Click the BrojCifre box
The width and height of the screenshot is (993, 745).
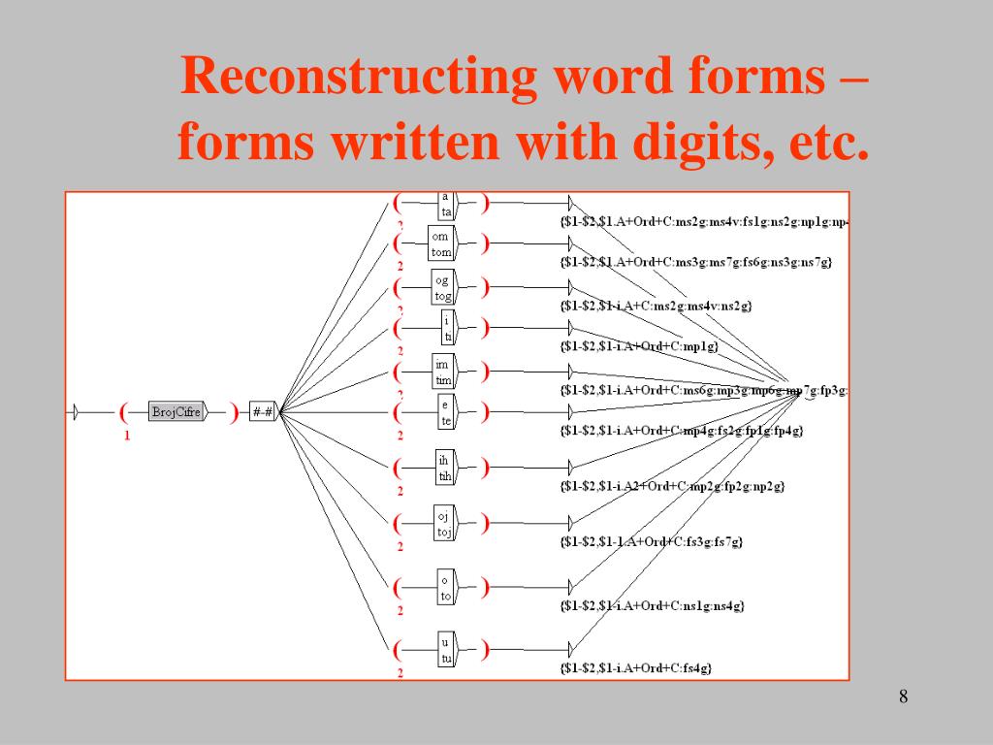click(176, 412)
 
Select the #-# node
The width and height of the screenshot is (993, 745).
click(263, 412)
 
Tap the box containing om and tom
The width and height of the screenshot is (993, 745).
click(441, 244)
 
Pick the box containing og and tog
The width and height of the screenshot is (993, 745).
click(442, 288)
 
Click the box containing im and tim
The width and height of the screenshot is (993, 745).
click(442, 372)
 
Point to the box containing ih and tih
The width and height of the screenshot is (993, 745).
click(444, 468)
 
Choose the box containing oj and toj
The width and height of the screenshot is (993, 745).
click(443, 524)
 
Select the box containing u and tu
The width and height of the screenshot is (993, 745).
click(445, 650)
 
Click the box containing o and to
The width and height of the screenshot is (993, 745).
click(445, 588)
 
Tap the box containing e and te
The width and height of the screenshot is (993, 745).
click(445, 413)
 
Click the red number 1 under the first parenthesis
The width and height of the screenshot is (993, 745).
click(126, 436)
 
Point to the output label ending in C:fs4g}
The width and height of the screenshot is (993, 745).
click(636, 667)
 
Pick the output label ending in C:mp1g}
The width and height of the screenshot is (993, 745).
click(639, 346)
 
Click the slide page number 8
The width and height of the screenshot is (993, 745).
click(903, 696)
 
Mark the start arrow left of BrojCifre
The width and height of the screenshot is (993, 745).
click(73, 412)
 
